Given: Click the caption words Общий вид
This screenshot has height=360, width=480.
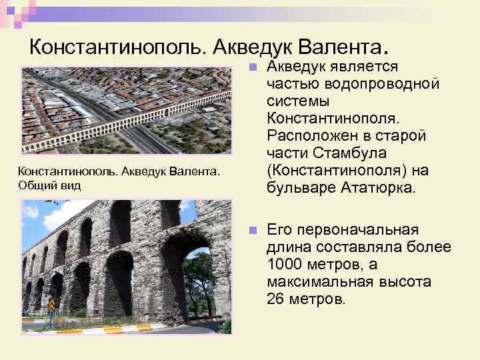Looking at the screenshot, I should pyautogui.click(x=49, y=185).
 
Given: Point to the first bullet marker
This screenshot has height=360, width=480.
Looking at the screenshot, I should pyautogui.click(x=251, y=68).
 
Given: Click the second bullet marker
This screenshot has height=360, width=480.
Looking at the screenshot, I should pyautogui.click(x=251, y=230).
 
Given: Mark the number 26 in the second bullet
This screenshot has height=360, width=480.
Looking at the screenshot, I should pyautogui.click(x=275, y=299).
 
